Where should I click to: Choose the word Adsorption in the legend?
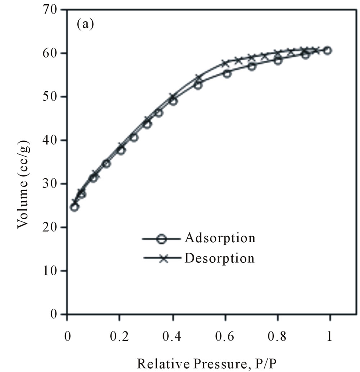pyautogui.click(x=220, y=238)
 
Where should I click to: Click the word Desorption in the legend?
pyautogui.click(x=219, y=258)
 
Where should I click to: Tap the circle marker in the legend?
pyautogui.click(x=163, y=239)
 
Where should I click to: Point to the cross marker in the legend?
pyautogui.click(x=164, y=258)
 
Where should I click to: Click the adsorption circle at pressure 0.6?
pyautogui.click(x=227, y=74)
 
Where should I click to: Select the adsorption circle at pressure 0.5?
pyautogui.click(x=198, y=85)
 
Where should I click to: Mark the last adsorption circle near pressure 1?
pyautogui.click(x=327, y=50)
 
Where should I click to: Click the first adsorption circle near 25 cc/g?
pyautogui.click(x=74, y=207)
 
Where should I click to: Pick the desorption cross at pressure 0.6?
pyautogui.click(x=226, y=63)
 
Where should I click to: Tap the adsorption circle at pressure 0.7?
pyautogui.click(x=252, y=66)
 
